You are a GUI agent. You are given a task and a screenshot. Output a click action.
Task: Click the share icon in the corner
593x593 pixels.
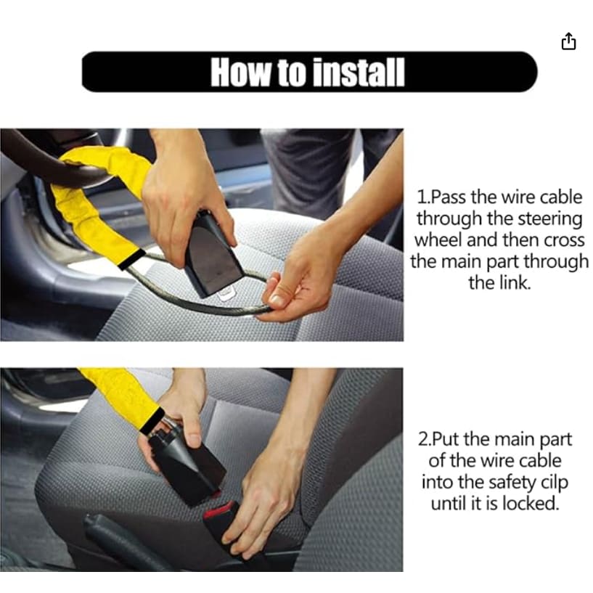point(568,41)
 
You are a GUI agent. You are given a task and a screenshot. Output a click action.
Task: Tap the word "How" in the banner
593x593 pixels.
point(240,73)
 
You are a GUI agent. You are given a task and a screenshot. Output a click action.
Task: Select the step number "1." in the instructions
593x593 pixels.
point(423,197)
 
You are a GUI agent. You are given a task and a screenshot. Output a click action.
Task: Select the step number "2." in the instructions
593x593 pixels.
point(425,439)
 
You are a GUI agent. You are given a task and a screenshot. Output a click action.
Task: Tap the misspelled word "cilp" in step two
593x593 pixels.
point(555,483)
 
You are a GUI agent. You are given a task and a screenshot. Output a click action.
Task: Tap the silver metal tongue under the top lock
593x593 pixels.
point(227,293)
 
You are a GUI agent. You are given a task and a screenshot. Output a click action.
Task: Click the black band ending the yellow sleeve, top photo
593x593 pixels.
point(131,259)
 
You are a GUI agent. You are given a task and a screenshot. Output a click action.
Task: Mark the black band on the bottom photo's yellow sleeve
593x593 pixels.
point(153,420)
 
